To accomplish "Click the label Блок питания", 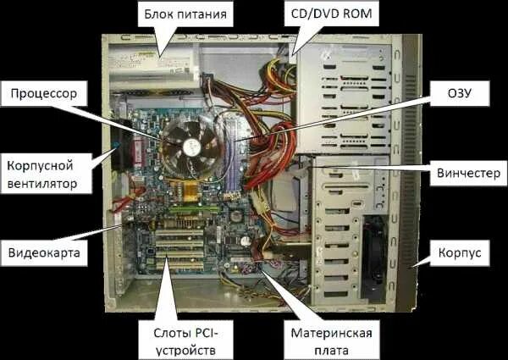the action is point(186,14).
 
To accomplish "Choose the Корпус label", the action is point(460,252).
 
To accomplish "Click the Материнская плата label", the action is point(326,338).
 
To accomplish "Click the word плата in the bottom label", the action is point(327,347).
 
